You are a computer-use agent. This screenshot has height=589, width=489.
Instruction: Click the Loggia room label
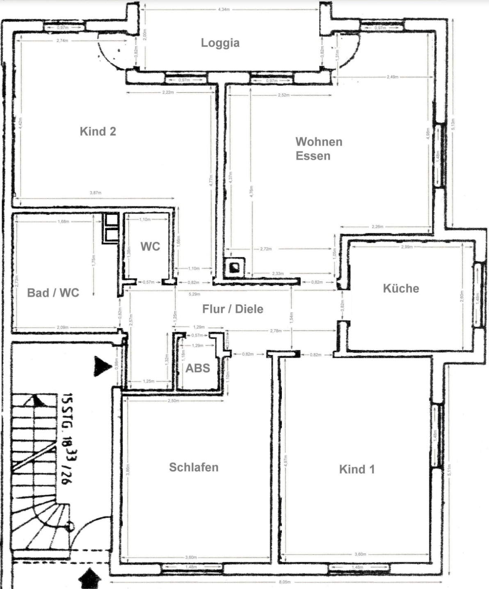click(x=220, y=43)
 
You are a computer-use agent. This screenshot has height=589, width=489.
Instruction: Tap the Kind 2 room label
click(x=98, y=131)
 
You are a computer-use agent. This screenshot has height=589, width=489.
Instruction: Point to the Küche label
click(x=401, y=288)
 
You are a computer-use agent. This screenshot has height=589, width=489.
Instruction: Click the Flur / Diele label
click(x=232, y=309)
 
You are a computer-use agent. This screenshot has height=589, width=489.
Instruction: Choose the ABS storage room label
click(x=197, y=368)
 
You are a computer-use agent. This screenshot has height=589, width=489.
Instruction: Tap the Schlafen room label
click(x=194, y=467)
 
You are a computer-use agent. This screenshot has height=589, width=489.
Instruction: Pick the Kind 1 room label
click(x=356, y=469)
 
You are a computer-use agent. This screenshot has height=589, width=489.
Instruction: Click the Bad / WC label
click(x=53, y=293)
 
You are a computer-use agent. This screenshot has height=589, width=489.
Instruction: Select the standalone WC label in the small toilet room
click(x=150, y=247)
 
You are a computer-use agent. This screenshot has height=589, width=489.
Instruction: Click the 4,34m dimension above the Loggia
click(x=224, y=9)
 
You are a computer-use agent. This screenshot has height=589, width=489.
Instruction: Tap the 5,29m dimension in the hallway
click(x=194, y=294)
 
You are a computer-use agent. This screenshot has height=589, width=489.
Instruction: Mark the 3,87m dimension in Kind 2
click(x=95, y=193)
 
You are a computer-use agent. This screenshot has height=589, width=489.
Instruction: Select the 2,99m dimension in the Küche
click(x=407, y=247)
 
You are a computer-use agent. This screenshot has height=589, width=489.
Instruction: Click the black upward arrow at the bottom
click(x=89, y=579)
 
